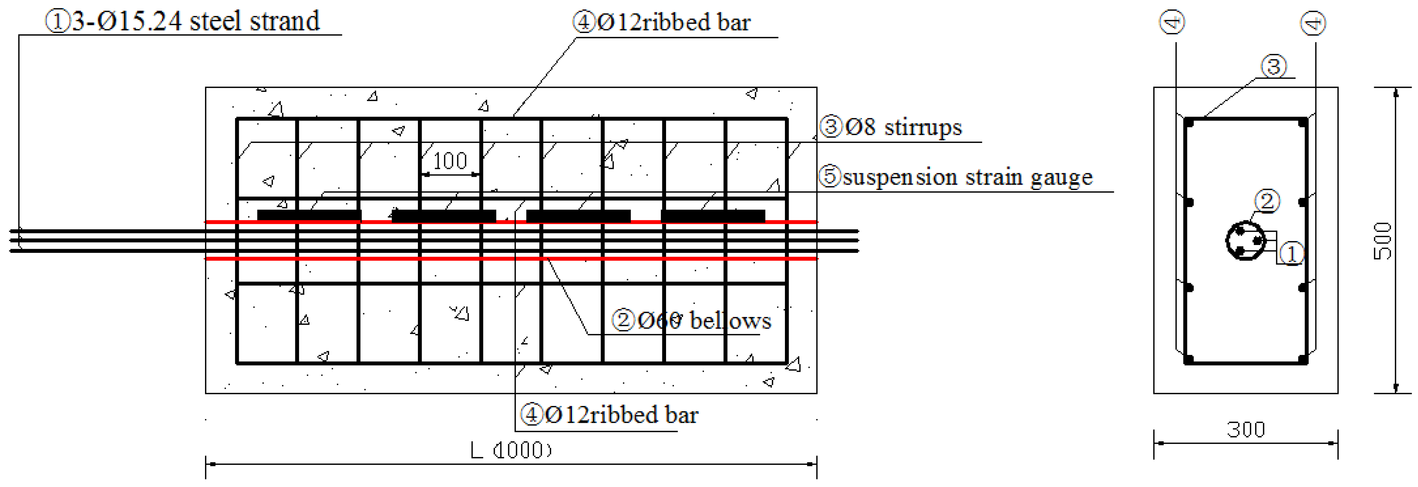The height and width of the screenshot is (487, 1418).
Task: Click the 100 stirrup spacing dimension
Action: click(450, 161)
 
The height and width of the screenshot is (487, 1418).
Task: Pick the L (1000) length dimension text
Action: click(511, 451)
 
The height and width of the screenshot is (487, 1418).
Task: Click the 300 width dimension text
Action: click(1246, 430)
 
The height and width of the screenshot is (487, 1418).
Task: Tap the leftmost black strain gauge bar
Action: click(309, 215)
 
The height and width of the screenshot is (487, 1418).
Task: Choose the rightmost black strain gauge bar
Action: click(713, 215)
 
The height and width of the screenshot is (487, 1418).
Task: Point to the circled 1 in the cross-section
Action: click(1291, 254)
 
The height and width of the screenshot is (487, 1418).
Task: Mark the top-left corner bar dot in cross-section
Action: click(1189, 123)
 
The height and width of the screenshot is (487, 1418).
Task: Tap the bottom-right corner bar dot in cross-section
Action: click(1303, 360)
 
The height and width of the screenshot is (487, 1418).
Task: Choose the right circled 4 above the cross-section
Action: click(1313, 24)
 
